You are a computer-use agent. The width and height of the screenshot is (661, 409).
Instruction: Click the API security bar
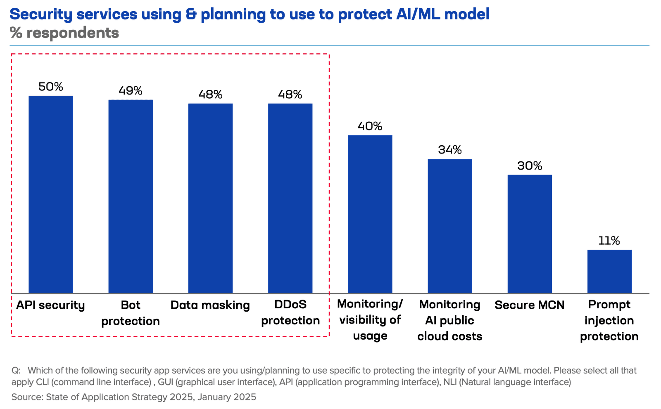tap(50, 194)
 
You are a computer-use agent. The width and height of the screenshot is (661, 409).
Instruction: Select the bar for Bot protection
tap(131, 196)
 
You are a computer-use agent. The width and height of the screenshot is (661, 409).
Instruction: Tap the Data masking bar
tap(210, 198)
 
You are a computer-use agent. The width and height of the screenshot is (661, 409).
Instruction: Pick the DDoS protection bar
tap(290, 198)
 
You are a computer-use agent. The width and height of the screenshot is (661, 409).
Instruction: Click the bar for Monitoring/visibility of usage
tap(370, 214)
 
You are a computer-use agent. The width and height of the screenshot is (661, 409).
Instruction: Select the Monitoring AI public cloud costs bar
tap(450, 226)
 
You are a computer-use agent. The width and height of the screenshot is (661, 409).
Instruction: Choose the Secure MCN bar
tap(530, 234)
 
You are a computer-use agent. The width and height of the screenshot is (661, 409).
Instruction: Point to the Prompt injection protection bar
tap(609, 271)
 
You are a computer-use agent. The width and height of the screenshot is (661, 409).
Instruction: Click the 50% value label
tap(50, 87)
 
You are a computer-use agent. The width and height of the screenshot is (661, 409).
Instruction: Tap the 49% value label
tap(131, 91)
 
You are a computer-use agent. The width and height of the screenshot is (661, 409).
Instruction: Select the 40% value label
tap(370, 126)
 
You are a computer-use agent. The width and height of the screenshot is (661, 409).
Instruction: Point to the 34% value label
tap(450, 150)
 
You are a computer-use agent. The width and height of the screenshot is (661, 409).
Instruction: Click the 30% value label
tap(530, 166)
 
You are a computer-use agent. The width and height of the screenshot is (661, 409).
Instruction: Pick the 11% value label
tap(609, 241)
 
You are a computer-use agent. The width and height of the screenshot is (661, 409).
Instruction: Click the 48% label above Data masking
tap(210, 95)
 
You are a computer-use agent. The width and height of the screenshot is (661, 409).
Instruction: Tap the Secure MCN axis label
tap(530, 305)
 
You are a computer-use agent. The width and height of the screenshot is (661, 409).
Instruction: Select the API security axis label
tap(50, 305)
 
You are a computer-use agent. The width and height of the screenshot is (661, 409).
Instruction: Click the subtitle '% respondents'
tap(64, 33)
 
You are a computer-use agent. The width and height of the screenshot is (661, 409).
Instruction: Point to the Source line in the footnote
tap(133, 397)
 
